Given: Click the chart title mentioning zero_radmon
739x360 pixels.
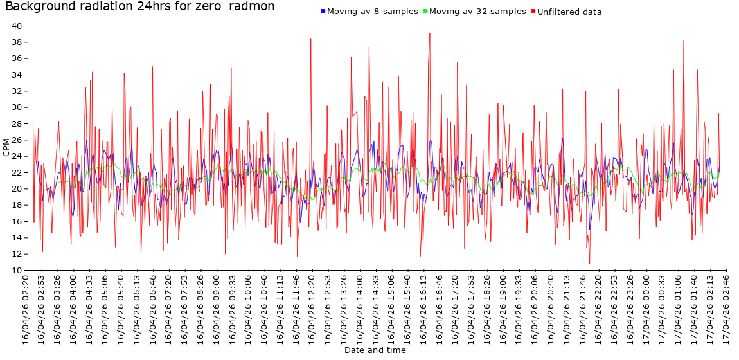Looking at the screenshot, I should click(140, 7).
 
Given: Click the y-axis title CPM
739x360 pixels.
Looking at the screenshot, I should click(6, 148).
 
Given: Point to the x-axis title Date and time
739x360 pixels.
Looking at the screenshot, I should click(375, 350).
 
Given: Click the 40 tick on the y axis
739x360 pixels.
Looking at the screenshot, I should click(17, 26).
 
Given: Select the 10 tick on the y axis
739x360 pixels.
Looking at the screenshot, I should click(17, 271).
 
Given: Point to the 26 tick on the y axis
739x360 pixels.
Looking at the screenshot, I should click(17, 140).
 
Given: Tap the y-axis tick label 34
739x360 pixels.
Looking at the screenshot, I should click(17, 75).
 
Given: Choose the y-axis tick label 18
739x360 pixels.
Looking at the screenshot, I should click(17, 205).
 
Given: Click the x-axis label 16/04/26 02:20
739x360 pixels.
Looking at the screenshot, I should click(26, 309).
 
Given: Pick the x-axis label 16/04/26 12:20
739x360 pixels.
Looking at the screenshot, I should click(312, 309).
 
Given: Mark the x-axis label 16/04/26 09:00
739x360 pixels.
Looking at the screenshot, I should click(217, 309).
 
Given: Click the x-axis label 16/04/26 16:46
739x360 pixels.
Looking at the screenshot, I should click(439, 309).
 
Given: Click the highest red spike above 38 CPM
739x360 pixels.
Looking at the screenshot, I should click(430, 33).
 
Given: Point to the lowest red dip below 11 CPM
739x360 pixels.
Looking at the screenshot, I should click(589, 263).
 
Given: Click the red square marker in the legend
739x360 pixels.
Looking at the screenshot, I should click(533, 12).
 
